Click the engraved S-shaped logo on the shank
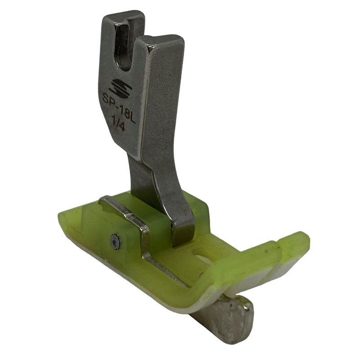pyautogui.click(x=120, y=88)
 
